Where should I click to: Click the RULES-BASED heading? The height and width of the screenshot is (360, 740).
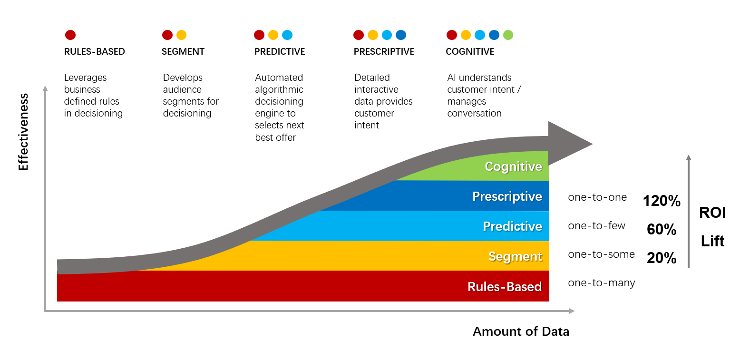(95, 51)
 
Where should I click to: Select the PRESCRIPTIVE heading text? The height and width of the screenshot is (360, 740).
(384, 51)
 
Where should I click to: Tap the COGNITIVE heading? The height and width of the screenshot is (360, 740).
(470, 51)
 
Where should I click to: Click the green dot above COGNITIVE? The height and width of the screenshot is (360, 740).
(508, 35)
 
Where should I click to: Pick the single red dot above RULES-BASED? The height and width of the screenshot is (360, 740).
(70, 35)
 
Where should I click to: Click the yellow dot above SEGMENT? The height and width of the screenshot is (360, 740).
(181, 35)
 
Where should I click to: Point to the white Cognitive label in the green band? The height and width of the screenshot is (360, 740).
(513, 166)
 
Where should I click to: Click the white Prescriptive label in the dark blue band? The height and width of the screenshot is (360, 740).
(507, 196)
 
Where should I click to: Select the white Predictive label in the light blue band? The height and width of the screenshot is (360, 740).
(512, 226)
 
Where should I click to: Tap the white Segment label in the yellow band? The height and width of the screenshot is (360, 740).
(516, 257)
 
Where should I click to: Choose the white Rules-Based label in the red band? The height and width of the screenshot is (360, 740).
(505, 287)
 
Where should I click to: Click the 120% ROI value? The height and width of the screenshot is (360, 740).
(662, 201)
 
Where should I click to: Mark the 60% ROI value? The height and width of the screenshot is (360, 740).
(662, 229)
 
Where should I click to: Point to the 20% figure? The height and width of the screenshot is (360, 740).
(662, 258)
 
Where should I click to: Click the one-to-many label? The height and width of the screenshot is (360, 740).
(602, 283)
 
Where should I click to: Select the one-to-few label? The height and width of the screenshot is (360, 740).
(597, 225)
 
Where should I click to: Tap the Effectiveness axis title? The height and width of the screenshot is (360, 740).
(23, 132)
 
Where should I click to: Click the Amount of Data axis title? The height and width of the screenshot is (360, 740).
(521, 331)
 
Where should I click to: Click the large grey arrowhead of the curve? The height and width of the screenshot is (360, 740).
(568, 143)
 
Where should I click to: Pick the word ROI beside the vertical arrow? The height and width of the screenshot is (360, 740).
(712, 213)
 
